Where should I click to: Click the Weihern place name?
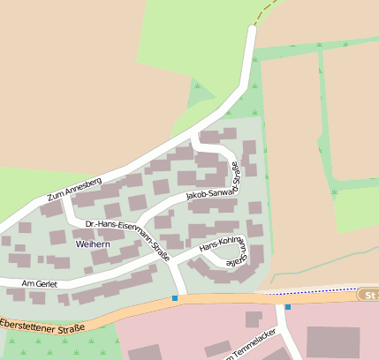tap(93, 243)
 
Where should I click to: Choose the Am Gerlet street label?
tap(38, 282)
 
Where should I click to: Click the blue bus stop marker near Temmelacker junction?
tap(287, 306)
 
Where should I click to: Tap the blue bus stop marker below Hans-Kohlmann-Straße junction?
tap(175, 298)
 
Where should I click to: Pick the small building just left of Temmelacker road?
tap(254, 319)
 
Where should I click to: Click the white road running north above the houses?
tap(247, 62)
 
